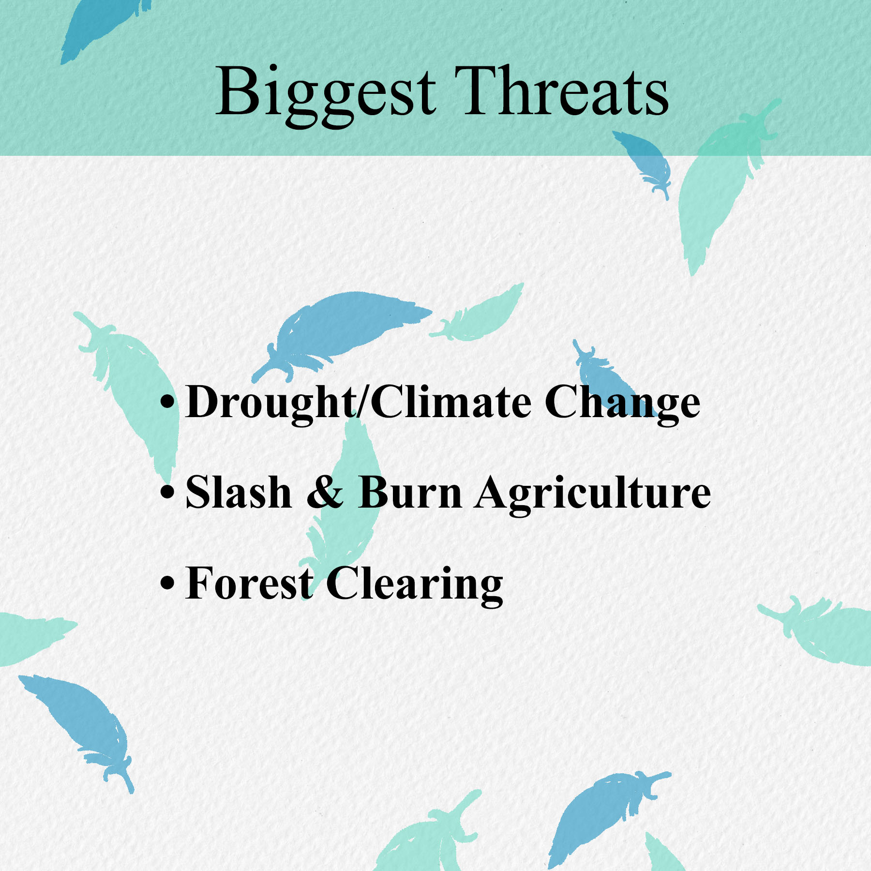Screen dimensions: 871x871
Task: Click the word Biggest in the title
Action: (x=326, y=95)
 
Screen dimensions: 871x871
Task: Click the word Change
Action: (x=623, y=404)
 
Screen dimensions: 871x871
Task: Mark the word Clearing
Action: (x=415, y=586)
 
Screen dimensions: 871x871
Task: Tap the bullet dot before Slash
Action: (x=167, y=493)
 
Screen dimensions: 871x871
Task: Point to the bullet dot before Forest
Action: (x=167, y=583)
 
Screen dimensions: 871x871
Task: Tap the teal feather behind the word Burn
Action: (x=346, y=508)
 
